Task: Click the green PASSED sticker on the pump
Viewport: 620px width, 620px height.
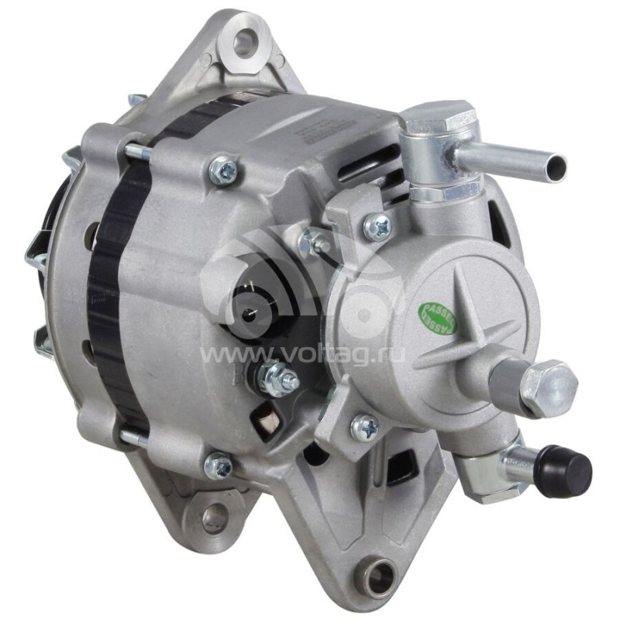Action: tap(439, 317)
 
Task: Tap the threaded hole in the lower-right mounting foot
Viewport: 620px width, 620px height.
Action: tap(381, 578)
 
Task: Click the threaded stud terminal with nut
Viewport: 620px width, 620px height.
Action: tap(280, 379)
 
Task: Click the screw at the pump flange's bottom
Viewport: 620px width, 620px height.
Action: tap(364, 427)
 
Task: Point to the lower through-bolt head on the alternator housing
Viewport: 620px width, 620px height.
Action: tap(219, 465)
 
